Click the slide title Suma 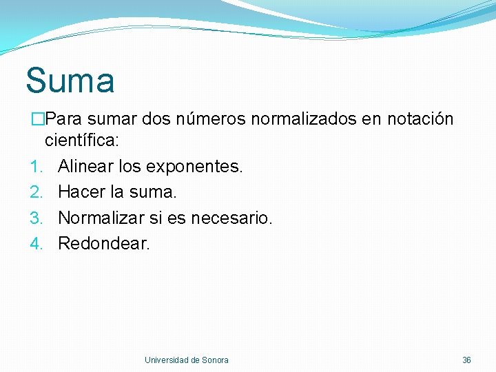70,81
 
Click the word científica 81,141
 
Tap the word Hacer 81,192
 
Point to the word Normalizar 101,218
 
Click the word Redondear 103,243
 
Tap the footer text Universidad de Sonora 187,360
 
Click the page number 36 466,360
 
